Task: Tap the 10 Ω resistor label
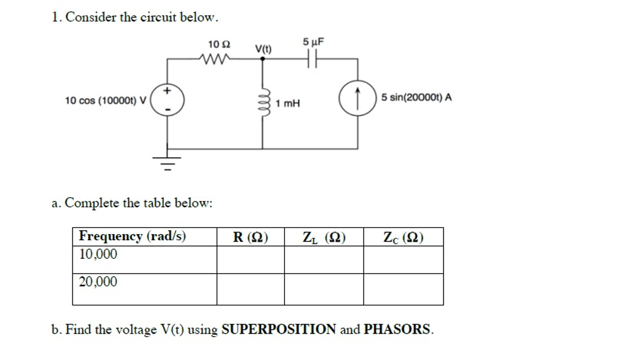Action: coord(219,44)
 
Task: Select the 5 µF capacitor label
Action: coord(313,42)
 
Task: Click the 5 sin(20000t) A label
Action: coord(416,97)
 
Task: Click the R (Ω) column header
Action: coord(250,237)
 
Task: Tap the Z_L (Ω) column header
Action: coord(324,237)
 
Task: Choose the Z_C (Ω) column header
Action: coord(403,237)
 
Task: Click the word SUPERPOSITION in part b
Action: coord(279,329)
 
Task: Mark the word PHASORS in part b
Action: coord(397,329)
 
